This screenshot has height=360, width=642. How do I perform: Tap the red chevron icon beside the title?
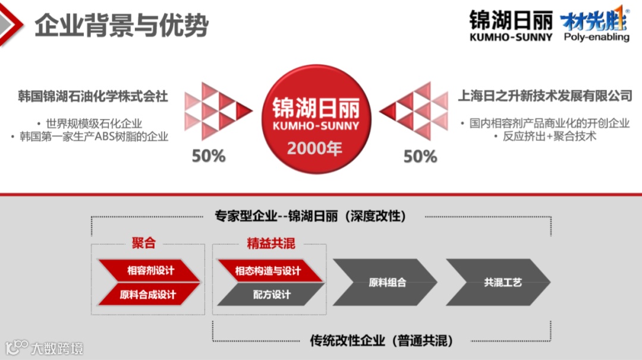coord(12,24)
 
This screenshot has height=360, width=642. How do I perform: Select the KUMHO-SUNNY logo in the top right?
coord(511,26)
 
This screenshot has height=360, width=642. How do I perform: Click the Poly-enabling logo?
coord(595,27)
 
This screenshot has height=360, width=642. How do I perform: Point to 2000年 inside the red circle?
coord(315,148)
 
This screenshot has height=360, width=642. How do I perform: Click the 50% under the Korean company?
coord(209,156)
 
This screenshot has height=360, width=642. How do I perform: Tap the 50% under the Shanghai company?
coord(420,156)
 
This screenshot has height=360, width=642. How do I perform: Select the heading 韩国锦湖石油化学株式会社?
coord(93,96)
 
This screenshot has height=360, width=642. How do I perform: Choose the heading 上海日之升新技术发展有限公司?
coord(545,96)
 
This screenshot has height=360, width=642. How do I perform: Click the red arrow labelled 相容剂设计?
coord(149,271)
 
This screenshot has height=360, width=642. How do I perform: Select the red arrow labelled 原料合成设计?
coord(148,294)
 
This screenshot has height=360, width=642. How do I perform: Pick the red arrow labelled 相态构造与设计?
coord(268,271)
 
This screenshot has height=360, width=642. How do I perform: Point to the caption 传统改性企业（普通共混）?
coord(382,341)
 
